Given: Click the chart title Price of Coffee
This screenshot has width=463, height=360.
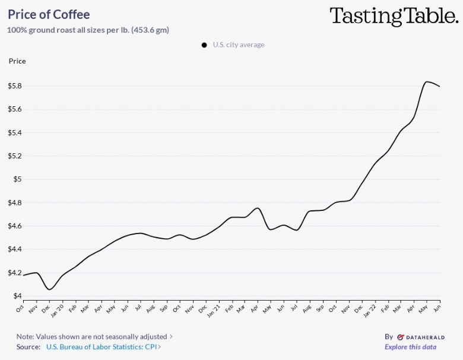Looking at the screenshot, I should point(49,14).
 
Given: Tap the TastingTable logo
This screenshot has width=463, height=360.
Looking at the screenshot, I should point(394,16).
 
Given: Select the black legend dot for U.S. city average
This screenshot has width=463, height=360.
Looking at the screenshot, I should point(204,45).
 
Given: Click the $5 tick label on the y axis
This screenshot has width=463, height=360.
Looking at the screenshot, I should point(18,179).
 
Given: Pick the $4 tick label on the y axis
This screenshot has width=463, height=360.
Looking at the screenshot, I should point(18,296).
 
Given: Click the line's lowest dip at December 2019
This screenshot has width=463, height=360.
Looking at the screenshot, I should point(50,289).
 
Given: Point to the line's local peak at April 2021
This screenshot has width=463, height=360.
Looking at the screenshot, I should point(256,208).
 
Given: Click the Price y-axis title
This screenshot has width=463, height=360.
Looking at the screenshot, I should point(17,61).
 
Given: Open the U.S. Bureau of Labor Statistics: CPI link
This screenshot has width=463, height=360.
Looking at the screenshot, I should point(102,347).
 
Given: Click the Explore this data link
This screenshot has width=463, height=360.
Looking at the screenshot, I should point(410,347).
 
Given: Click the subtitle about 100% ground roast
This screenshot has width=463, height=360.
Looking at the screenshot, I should point(88,30).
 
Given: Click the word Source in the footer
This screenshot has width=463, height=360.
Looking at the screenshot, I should point(28,347).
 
